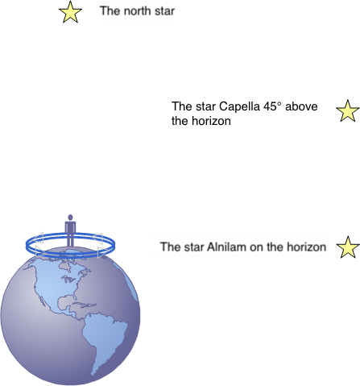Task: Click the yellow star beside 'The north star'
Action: pos(70,12)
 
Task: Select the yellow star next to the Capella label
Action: pos(348,111)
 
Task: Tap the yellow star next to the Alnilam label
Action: pos(348,247)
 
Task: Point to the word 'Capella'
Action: pos(239,106)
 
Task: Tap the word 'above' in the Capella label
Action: pos(301,106)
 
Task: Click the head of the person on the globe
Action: pos(70,218)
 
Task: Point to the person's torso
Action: pos(70,228)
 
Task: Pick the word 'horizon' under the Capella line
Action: pos(211,121)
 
